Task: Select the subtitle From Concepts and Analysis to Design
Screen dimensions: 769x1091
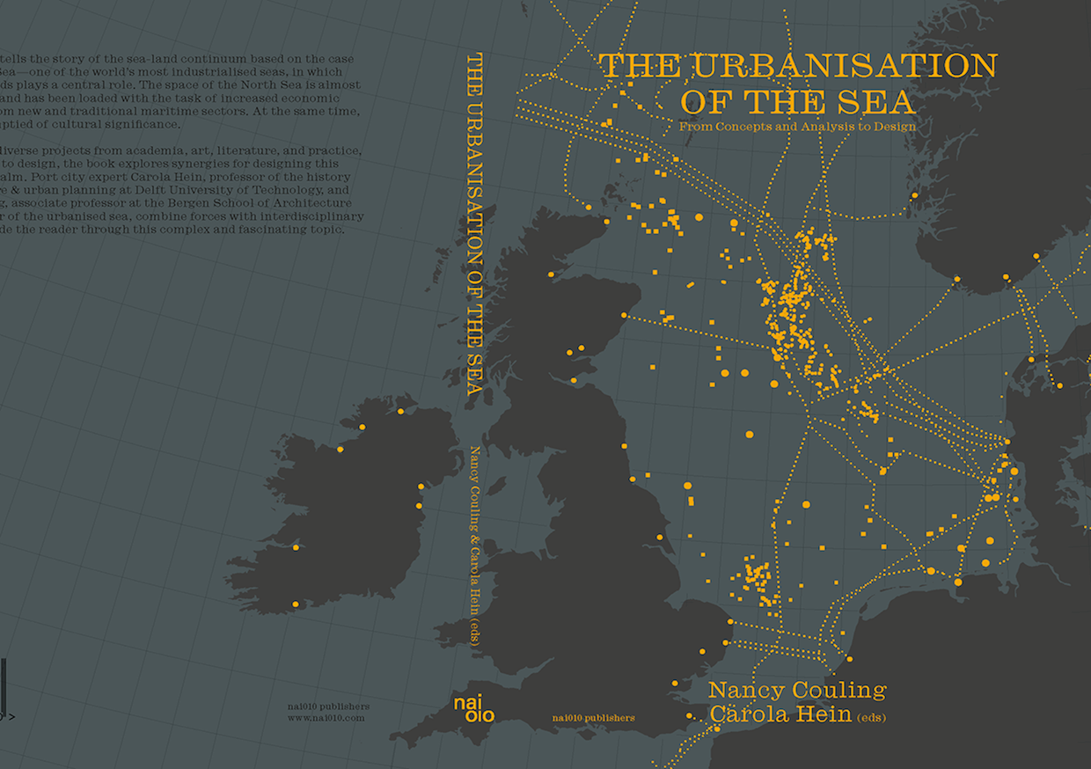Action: pyautogui.click(x=797, y=127)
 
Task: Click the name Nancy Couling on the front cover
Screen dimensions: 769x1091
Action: pyautogui.click(x=797, y=690)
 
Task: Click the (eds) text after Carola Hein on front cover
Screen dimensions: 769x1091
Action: pyautogui.click(x=870, y=717)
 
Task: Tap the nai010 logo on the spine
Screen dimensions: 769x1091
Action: pyautogui.click(x=473, y=708)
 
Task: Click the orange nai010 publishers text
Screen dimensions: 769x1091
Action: pyautogui.click(x=593, y=718)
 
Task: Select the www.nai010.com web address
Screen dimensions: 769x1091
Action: pyautogui.click(x=326, y=718)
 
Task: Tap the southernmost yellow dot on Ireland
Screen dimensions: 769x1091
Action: pyautogui.click(x=295, y=604)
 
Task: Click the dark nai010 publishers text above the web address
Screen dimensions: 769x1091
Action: pyautogui.click(x=328, y=706)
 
